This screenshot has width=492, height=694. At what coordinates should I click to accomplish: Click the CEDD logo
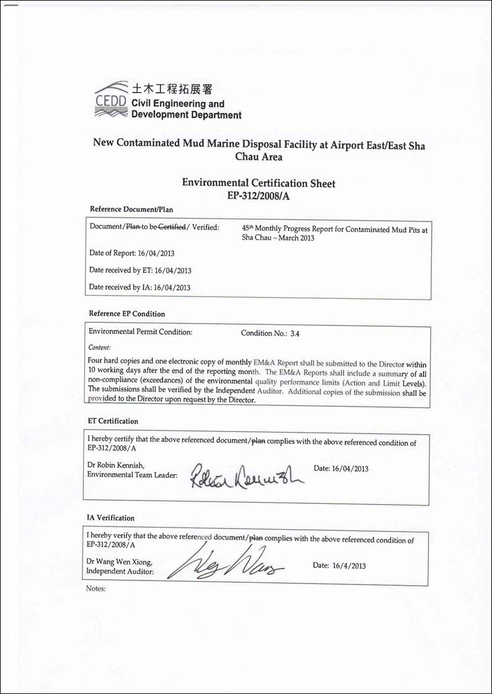111,99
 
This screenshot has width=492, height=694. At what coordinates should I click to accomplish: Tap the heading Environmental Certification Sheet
258,183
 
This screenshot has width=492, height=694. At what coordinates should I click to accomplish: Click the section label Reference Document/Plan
131,209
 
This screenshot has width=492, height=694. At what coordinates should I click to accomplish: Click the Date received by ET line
140,270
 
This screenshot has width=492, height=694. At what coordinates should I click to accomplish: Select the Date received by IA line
140,287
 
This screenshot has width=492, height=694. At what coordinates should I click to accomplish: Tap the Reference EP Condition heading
127,314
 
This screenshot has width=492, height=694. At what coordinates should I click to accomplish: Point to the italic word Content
100,348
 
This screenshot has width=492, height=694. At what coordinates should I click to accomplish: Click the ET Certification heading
114,421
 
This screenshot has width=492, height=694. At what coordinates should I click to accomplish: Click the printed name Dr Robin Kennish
118,465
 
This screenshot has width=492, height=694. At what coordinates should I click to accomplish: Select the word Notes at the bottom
96,589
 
